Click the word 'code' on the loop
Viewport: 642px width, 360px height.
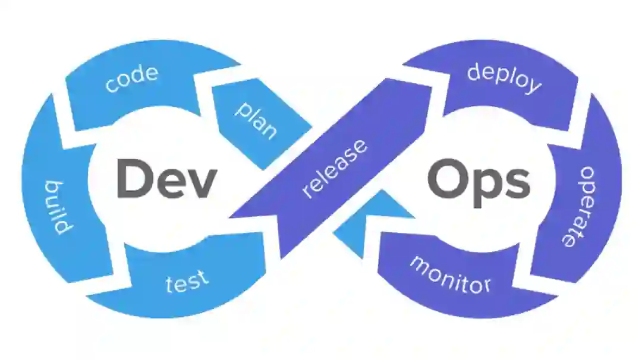coord(132,80)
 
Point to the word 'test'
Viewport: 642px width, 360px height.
coord(187,280)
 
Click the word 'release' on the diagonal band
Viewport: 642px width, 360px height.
coord(335,169)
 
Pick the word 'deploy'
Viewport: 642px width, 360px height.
coord(504,78)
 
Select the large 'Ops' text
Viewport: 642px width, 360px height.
coord(477,181)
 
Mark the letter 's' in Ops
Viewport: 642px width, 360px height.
coord(515,184)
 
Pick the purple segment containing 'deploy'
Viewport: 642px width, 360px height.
coord(505,89)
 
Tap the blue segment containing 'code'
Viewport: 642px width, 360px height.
coord(137,89)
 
